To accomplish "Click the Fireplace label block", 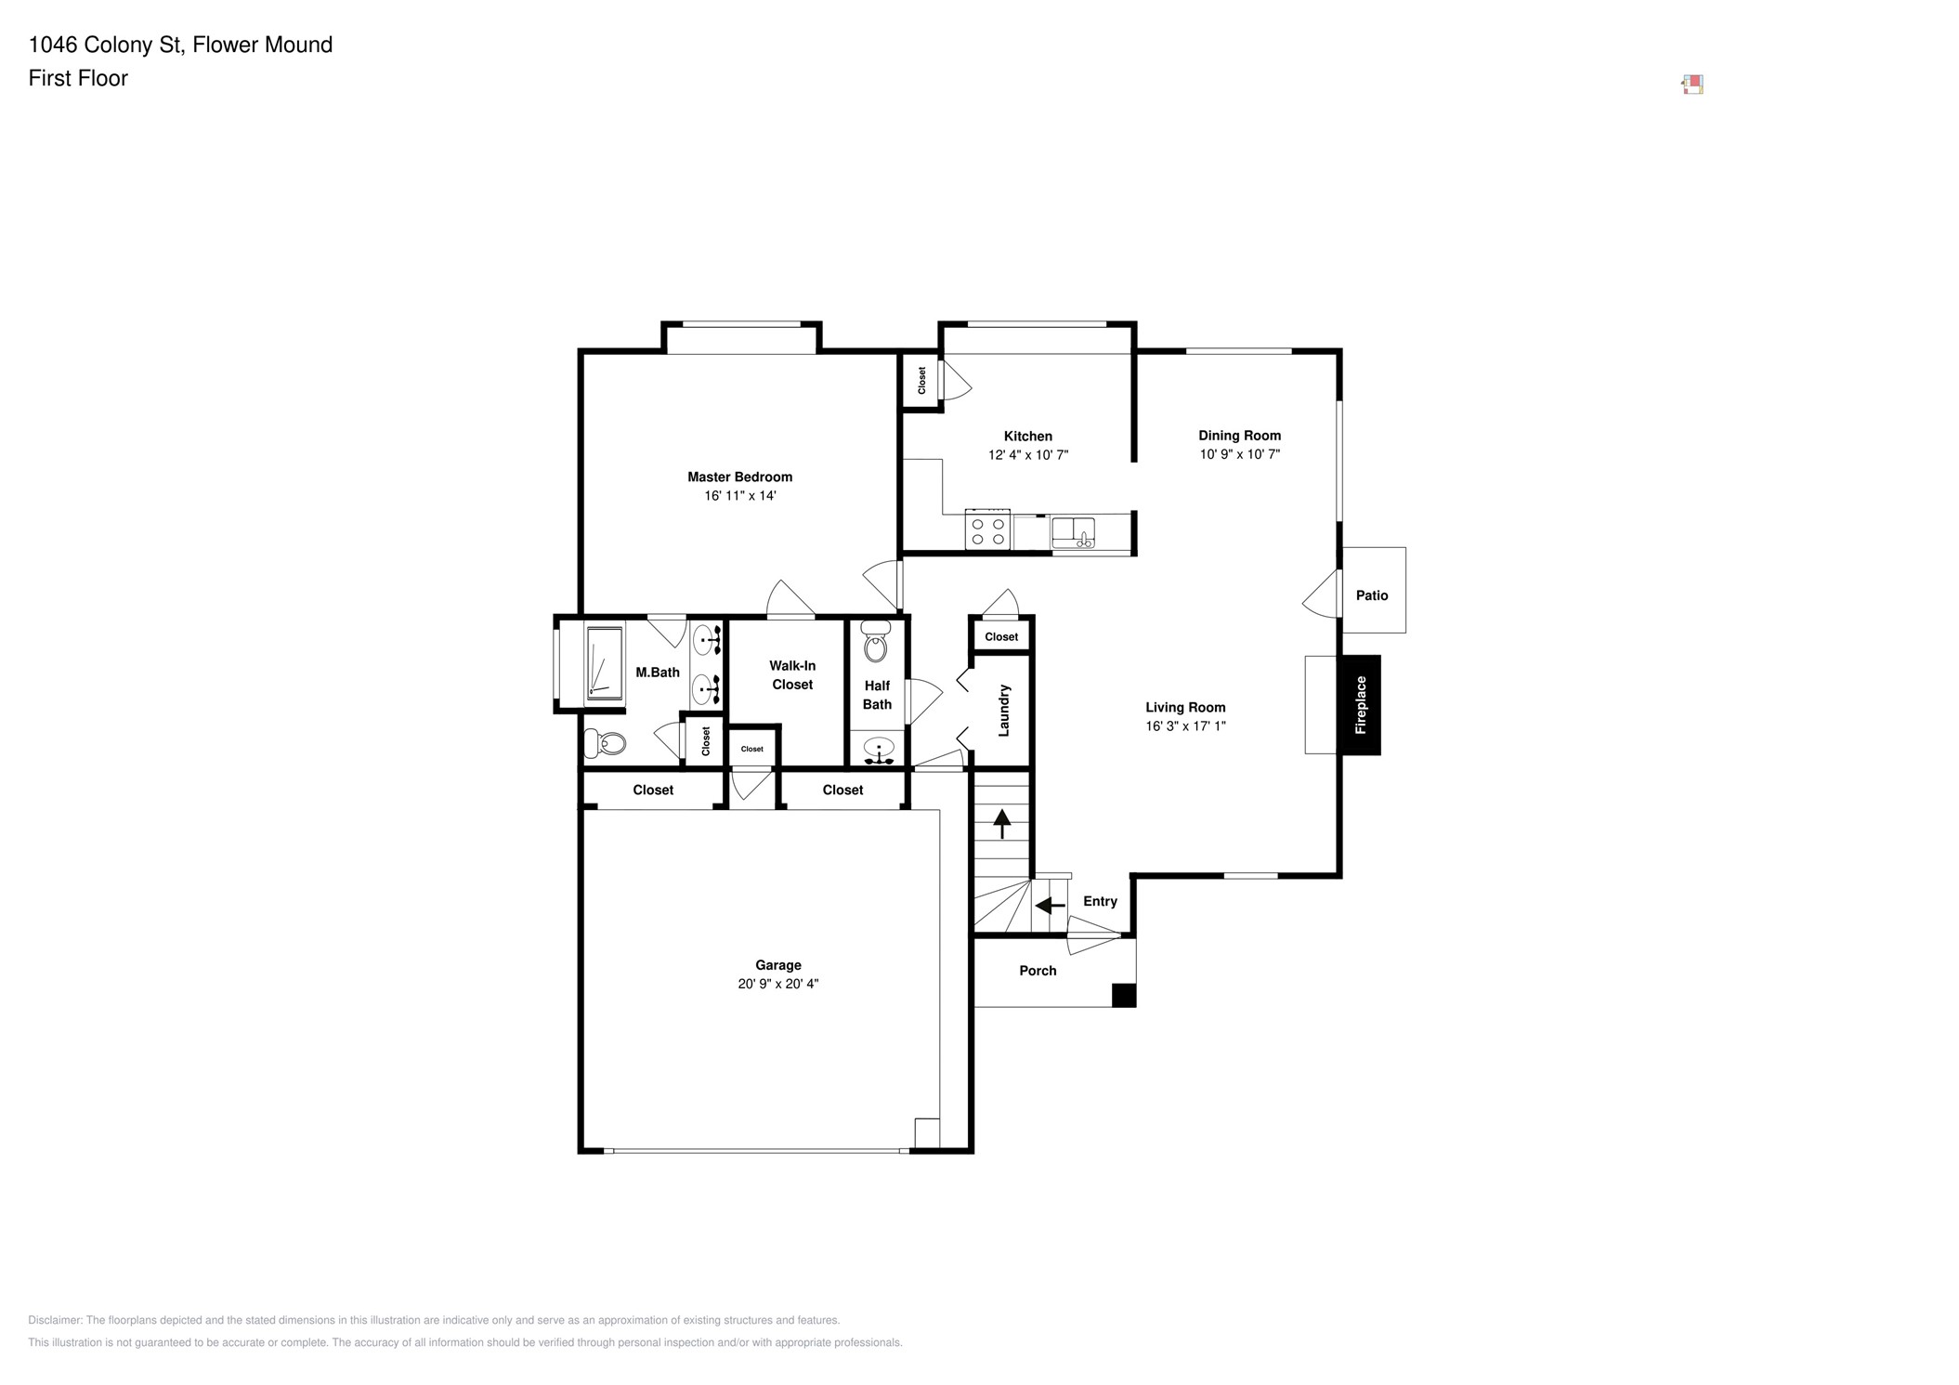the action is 1360,705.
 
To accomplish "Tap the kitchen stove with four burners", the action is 987,529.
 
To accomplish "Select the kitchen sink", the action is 1073,533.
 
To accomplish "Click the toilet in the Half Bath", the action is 876,641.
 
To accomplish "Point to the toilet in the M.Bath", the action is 605,742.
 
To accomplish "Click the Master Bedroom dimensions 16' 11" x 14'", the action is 740,496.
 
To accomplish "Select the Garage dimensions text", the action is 778,984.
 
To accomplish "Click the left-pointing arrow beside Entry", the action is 1051,905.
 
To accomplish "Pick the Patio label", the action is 1372,595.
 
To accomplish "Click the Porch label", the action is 1038,971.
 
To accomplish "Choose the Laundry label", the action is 1004,711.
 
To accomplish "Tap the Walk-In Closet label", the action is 792,675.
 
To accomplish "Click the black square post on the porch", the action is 1124,995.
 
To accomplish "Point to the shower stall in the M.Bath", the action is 605,663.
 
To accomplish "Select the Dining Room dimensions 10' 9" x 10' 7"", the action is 1240,454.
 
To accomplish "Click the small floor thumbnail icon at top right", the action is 1692,85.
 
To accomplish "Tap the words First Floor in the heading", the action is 78,78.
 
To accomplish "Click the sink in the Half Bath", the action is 878,749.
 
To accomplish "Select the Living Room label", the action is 1185,707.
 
